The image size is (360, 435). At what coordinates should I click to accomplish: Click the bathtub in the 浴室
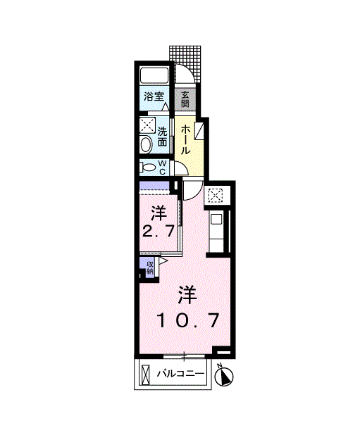pyautogui.click(x=154, y=76)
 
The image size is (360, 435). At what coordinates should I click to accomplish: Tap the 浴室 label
pyautogui.click(x=154, y=96)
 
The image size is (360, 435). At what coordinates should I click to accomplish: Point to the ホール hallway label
pyautogui.click(x=185, y=139)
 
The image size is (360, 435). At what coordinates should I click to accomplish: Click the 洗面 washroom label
pyautogui.click(x=162, y=136)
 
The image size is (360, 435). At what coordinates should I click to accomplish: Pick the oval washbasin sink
pyautogui.click(x=147, y=144)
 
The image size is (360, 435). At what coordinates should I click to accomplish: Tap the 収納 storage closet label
pyautogui.click(x=150, y=267)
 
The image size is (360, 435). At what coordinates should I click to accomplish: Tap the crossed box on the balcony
pyautogui.click(x=145, y=374)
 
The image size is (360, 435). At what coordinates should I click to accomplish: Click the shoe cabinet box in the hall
pyautogui.click(x=199, y=130)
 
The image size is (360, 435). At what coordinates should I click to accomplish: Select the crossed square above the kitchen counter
pyautogui.click(x=215, y=196)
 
